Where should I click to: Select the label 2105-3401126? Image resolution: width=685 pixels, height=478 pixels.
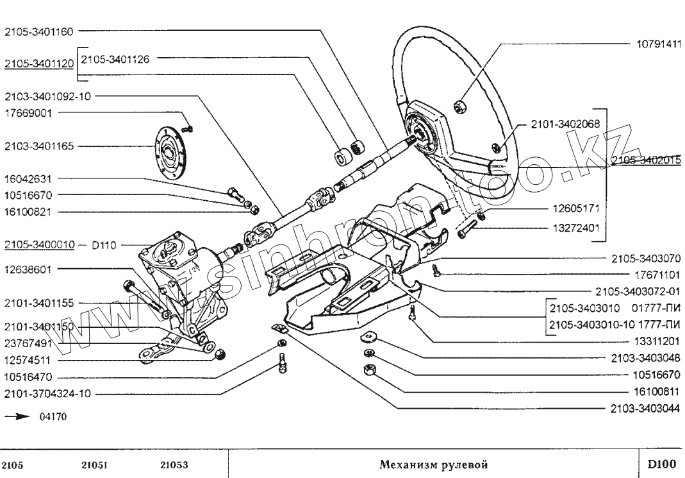click(x=115, y=58)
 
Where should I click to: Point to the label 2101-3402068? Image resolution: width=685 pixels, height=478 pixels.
click(x=565, y=124)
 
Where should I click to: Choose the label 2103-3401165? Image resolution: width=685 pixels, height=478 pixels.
click(x=39, y=146)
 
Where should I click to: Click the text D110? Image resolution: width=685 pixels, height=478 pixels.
click(x=104, y=244)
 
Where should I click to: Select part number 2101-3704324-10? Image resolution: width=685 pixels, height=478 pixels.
click(x=47, y=393)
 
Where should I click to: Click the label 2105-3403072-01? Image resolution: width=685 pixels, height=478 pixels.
click(x=638, y=291)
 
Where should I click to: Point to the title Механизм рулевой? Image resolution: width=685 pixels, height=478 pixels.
click(x=434, y=464)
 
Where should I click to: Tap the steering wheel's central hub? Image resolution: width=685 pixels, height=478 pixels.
click(x=424, y=133)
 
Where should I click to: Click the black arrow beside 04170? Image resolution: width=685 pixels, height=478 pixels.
click(x=17, y=416)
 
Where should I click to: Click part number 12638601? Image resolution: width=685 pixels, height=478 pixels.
click(x=27, y=269)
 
